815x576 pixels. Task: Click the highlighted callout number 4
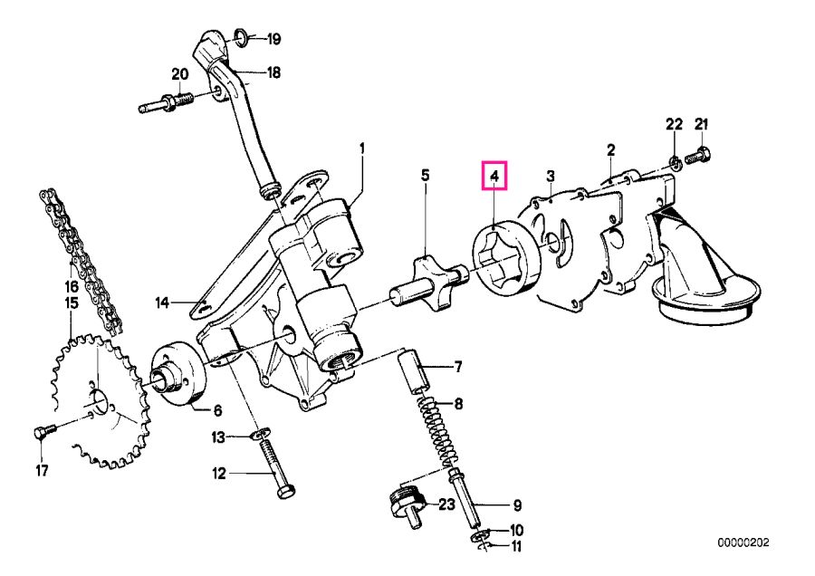[494, 175]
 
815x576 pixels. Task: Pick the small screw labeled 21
[699, 157]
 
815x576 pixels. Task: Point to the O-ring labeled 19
[241, 37]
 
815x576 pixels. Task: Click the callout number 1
[362, 147]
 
